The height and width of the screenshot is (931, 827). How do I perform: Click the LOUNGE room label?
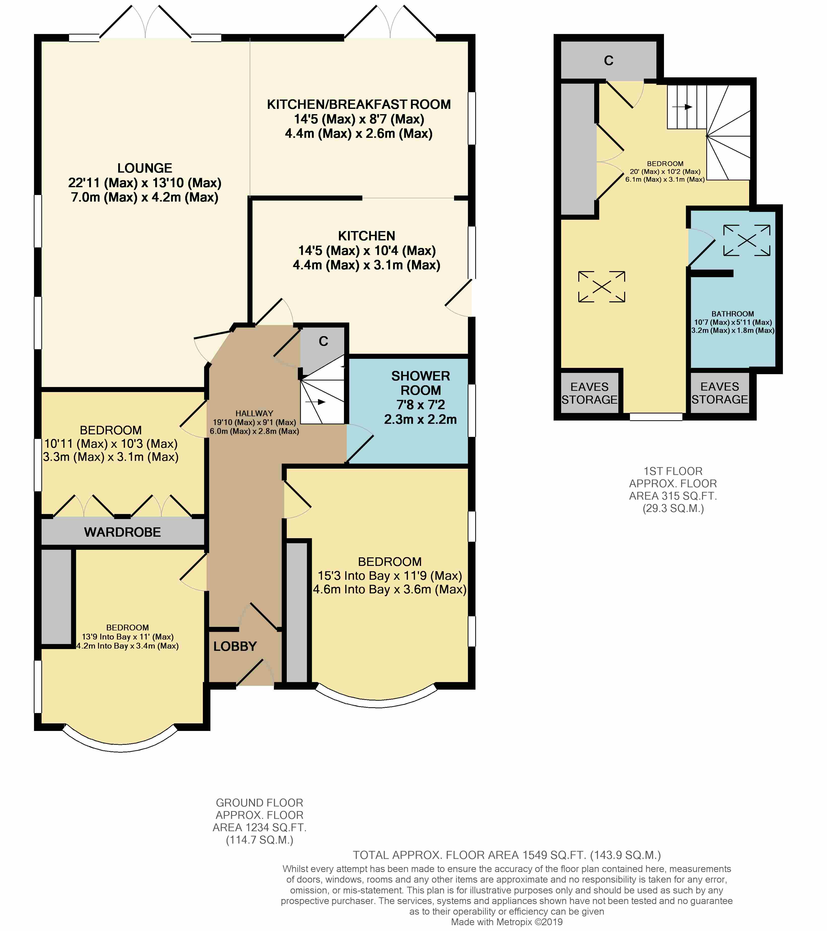coord(145,168)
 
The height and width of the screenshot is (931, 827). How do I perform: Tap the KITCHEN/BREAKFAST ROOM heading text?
coord(359,104)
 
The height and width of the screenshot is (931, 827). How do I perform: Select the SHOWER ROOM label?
coord(420,383)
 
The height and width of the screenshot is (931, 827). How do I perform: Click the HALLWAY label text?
coord(254,413)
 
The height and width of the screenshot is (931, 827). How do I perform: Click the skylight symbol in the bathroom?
coord(747,240)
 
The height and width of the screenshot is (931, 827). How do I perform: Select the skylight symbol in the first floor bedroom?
coord(601,286)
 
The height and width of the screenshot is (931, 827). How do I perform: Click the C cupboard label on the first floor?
coord(609,60)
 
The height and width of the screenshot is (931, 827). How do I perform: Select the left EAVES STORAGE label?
coord(589,393)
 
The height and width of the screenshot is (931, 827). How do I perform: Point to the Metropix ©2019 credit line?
coord(506,922)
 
